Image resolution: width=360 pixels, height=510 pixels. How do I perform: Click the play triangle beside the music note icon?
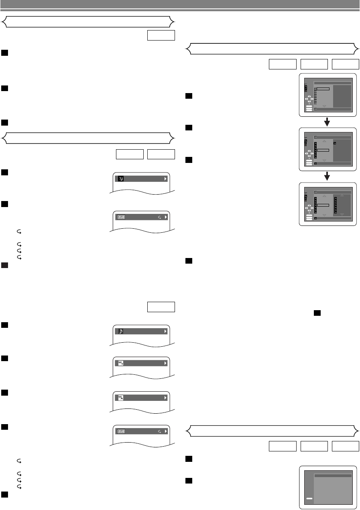[165, 331]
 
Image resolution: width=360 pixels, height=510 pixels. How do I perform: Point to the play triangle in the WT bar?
[165, 363]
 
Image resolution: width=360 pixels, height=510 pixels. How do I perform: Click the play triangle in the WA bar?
[165, 397]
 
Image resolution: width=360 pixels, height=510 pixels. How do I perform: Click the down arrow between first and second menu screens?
[327, 121]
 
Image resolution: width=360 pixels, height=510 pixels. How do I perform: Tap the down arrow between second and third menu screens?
[327, 176]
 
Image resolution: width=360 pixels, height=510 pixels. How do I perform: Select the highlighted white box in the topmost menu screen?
[323, 89]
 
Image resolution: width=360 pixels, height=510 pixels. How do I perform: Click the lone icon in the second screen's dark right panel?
[335, 143]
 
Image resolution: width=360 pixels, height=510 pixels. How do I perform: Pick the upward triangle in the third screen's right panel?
[342, 195]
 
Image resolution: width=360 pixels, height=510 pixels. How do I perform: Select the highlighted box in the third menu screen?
[323, 205]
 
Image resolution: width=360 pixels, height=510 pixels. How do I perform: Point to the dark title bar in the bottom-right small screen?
[333, 475]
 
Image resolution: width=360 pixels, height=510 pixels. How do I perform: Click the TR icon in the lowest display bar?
[121, 431]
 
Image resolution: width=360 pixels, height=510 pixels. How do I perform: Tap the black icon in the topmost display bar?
[120, 179]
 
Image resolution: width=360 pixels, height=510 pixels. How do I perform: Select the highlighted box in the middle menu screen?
[323, 150]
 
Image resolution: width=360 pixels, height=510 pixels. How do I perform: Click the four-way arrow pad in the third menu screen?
[309, 208]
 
